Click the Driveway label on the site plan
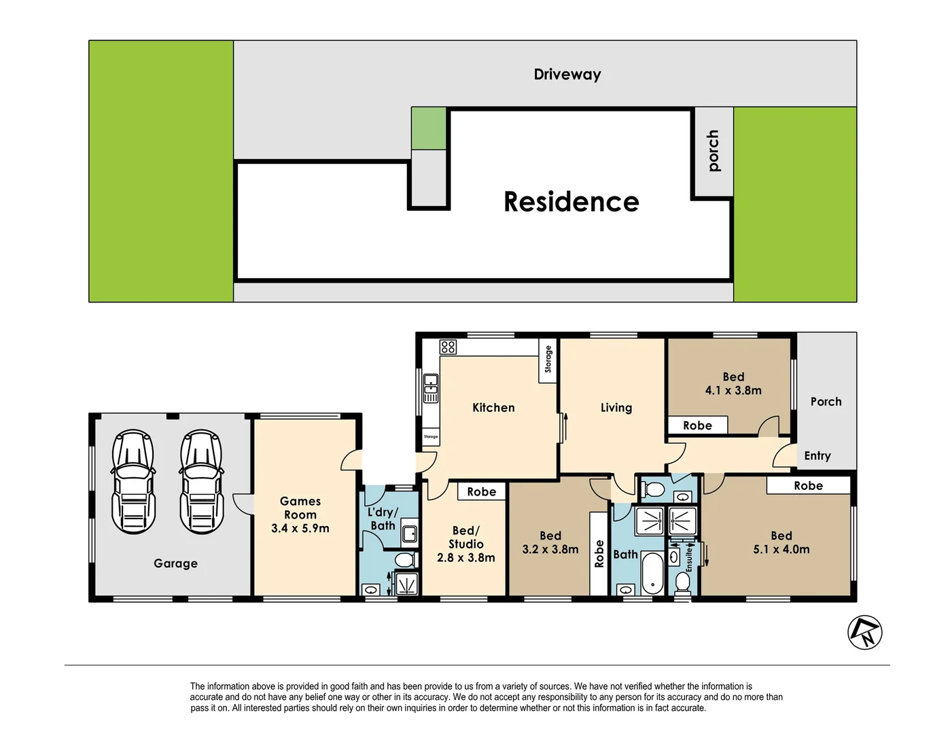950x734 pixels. coord(567,74)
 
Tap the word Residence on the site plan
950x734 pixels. coord(571,202)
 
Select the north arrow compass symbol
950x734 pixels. coord(864,632)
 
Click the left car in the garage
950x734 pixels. coord(133,481)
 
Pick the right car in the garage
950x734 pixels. coord(201,481)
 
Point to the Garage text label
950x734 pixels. coord(175,563)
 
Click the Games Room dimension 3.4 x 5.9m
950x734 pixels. coord(300,528)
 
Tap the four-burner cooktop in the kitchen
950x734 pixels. coord(448,347)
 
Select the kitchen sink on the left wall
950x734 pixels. coord(431,388)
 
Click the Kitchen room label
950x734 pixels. coord(493,408)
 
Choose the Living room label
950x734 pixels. coord(616,408)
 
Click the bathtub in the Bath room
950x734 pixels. coord(652,573)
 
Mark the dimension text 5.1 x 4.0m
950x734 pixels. coord(781,549)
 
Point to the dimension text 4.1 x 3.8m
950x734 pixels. coord(733,391)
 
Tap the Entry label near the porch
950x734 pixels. coord(817,456)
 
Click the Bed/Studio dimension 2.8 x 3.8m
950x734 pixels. coord(465,558)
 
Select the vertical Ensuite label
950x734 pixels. coord(688,561)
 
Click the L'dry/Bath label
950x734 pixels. coord(383,519)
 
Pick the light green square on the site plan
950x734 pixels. coord(429,128)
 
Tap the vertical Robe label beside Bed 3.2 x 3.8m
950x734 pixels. coord(599,554)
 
